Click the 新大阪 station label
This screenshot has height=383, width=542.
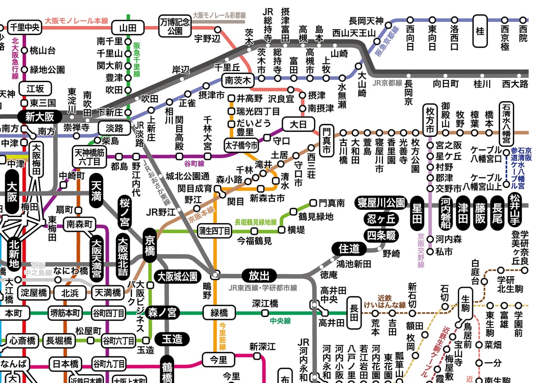[x=39, y=117]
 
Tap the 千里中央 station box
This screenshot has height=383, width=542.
[x=24, y=27]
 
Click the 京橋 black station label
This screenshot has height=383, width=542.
[x=150, y=245]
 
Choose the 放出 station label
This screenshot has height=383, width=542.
[x=259, y=276]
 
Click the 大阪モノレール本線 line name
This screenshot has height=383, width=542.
[x=77, y=20]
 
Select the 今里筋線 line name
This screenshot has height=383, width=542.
[x=223, y=336]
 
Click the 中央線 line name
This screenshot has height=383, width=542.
[x=280, y=321]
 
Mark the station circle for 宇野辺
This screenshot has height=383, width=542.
[x=218, y=30]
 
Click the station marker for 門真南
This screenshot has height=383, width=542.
[x=313, y=203]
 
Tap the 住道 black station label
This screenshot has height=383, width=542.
[x=349, y=249]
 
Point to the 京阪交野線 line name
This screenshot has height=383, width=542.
[x=420, y=251]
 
